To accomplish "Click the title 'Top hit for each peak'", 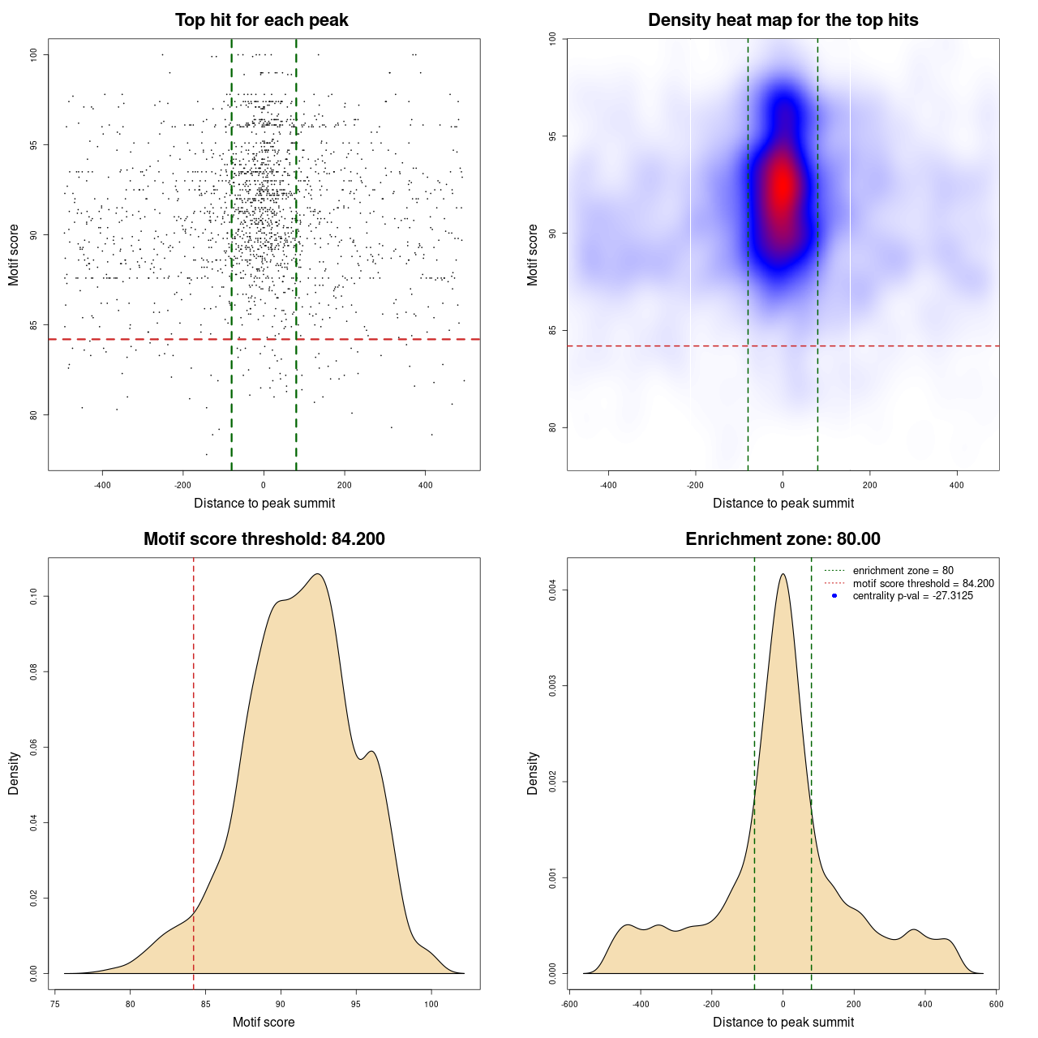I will (x=262, y=20).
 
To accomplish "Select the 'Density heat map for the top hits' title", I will (x=783, y=20).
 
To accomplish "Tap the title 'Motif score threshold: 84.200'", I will (x=264, y=539).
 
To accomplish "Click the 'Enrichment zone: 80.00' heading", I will (x=783, y=539).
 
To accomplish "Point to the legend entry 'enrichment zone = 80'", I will (x=903, y=571).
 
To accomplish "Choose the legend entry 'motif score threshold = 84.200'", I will (x=923, y=584).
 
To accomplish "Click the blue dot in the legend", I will (x=834, y=596).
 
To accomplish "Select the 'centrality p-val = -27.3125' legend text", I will (x=912, y=596).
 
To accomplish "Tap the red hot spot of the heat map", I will (x=782, y=185).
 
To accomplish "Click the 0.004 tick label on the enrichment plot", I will (x=552, y=590).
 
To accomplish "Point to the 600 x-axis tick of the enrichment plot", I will (x=996, y=1004).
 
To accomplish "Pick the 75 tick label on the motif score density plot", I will (x=54, y=1004).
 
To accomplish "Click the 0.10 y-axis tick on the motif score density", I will (x=33, y=597).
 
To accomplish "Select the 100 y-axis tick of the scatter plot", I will (x=33, y=54).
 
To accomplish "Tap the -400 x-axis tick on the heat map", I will (x=608, y=485).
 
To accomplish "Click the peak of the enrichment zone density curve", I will (x=783, y=574).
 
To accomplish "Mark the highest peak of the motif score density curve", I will (x=318, y=574).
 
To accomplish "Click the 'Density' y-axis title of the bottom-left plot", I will (x=14, y=773).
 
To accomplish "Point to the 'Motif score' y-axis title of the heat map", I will (x=533, y=255).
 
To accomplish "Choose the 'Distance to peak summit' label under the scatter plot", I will (x=264, y=504).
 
